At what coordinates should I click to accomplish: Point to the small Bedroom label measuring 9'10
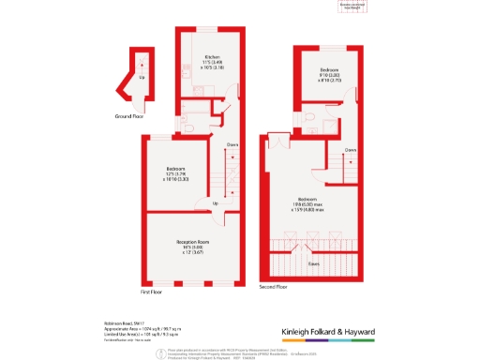click(329, 70)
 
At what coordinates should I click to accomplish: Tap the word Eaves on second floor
click(311, 263)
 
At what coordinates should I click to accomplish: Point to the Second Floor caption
click(273, 287)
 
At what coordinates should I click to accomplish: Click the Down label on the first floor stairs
click(231, 144)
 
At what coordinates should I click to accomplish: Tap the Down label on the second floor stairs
click(349, 150)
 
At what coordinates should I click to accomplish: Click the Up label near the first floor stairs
click(216, 203)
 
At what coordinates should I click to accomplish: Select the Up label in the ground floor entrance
click(142, 77)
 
